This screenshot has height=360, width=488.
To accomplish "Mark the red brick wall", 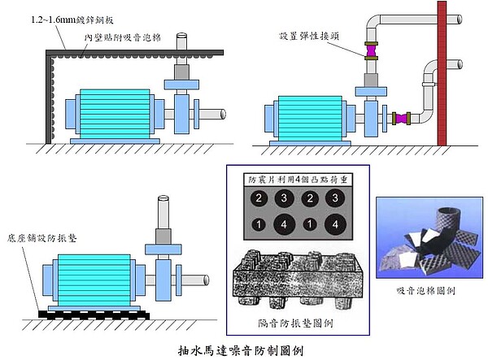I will point(443,73).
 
